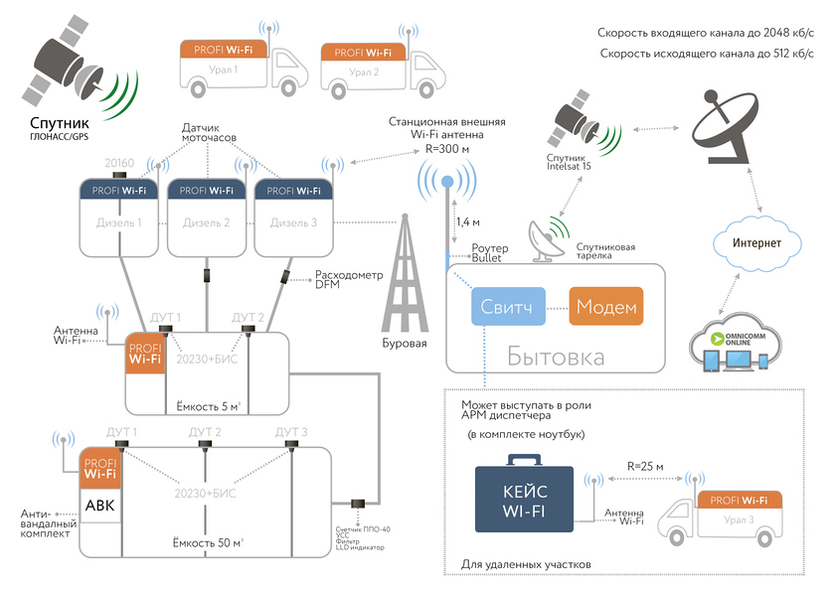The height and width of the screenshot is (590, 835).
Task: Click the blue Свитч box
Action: pos(508,307)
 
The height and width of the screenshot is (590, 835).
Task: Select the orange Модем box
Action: pos(605,307)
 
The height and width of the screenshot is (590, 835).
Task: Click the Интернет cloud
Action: pos(757,243)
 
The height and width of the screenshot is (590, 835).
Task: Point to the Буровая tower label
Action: pos(405,344)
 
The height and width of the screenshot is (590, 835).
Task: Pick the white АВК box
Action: pos(100,506)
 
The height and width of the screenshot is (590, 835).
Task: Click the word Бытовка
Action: pos(556,357)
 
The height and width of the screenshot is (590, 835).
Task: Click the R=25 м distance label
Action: pos(646,466)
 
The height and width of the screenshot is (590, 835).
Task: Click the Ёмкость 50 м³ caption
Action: pos(209,541)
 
